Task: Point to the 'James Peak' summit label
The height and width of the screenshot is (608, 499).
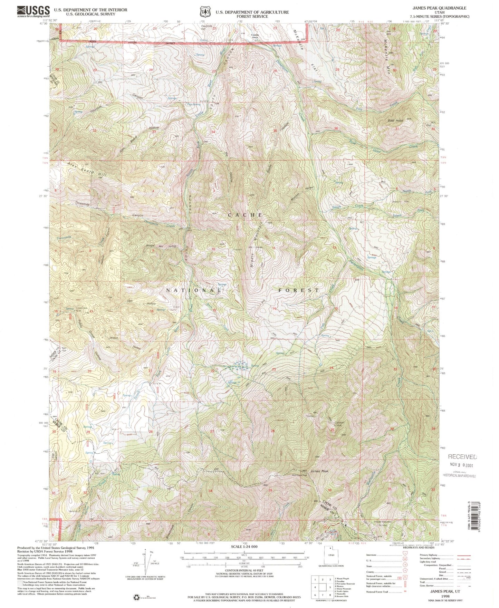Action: pyautogui.click(x=319, y=471)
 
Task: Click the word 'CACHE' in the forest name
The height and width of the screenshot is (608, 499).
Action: pyautogui.click(x=245, y=215)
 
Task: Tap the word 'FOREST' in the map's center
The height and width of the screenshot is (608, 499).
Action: pyautogui.click(x=299, y=290)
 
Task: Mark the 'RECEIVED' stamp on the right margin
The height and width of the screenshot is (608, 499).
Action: pyautogui.click(x=462, y=457)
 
